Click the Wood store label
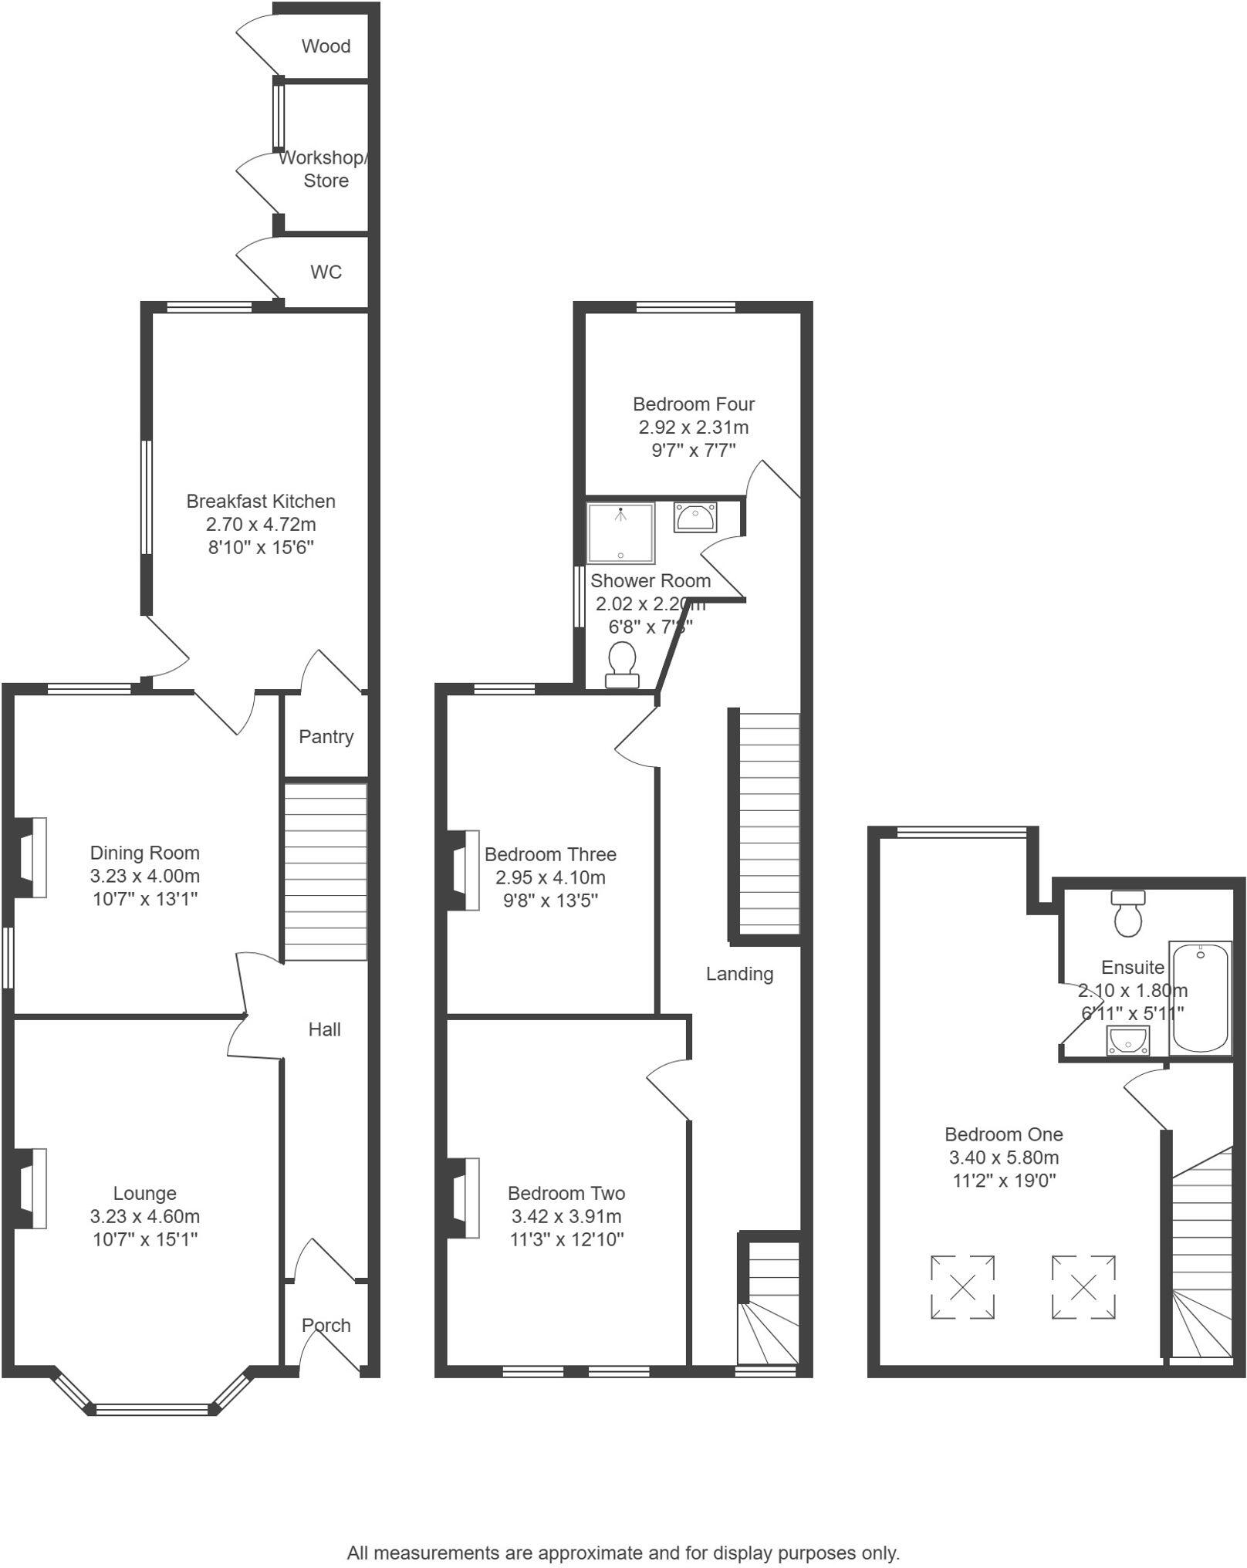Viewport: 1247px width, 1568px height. (x=326, y=46)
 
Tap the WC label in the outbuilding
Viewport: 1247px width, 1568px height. (x=326, y=272)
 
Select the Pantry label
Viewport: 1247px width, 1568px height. (x=326, y=737)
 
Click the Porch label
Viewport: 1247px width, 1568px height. (x=326, y=1325)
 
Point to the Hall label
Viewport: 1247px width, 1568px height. (x=324, y=1029)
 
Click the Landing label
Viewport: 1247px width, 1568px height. (x=739, y=974)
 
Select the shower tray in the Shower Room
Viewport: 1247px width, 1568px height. (x=620, y=533)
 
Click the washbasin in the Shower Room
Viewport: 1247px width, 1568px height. (x=695, y=517)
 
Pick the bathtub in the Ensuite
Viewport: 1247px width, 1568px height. (x=1200, y=997)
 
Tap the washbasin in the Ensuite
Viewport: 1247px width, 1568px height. (x=1127, y=1040)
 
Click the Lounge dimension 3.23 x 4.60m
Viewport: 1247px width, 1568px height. (x=145, y=1217)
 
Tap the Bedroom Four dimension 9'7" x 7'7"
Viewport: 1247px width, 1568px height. (x=693, y=451)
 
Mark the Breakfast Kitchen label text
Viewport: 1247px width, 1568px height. (x=261, y=502)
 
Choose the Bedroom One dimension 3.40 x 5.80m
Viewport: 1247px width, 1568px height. (x=1003, y=1157)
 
